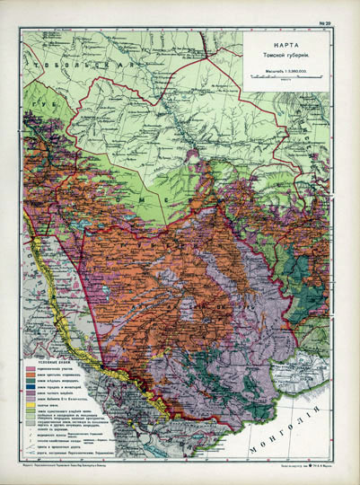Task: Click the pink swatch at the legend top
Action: pyautogui.click(x=31, y=369)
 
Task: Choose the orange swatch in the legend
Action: pyautogui.click(x=31, y=375)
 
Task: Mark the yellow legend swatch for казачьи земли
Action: pyautogui.click(x=31, y=405)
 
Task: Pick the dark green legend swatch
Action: pyautogui.click(x=31, y=381)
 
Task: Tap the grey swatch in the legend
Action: pyautogui.click(x=31, y=423)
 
